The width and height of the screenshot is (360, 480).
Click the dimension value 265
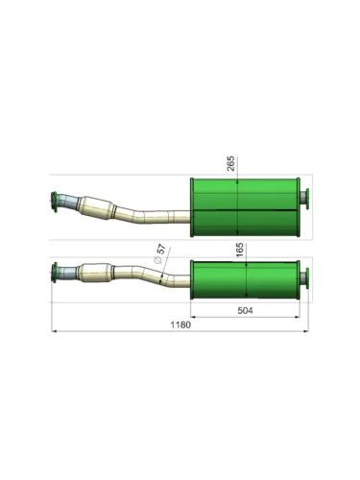(x=230, y=163)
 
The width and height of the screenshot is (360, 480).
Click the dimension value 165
(x=240, y=250)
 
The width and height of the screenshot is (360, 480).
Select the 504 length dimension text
(x=245, y=310)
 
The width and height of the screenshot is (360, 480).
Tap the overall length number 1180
(x=180, y=324)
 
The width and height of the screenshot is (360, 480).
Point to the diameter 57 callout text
(x=160, y=253)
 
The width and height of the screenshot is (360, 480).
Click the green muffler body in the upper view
(x=245, y=207)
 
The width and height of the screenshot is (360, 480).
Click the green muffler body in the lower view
(x=245, y=280)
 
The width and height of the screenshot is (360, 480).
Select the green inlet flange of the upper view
(x=55, y=203)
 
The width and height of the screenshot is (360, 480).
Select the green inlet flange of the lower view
(x=55, y=273)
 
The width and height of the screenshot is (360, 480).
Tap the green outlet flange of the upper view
(x=307, y=199)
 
